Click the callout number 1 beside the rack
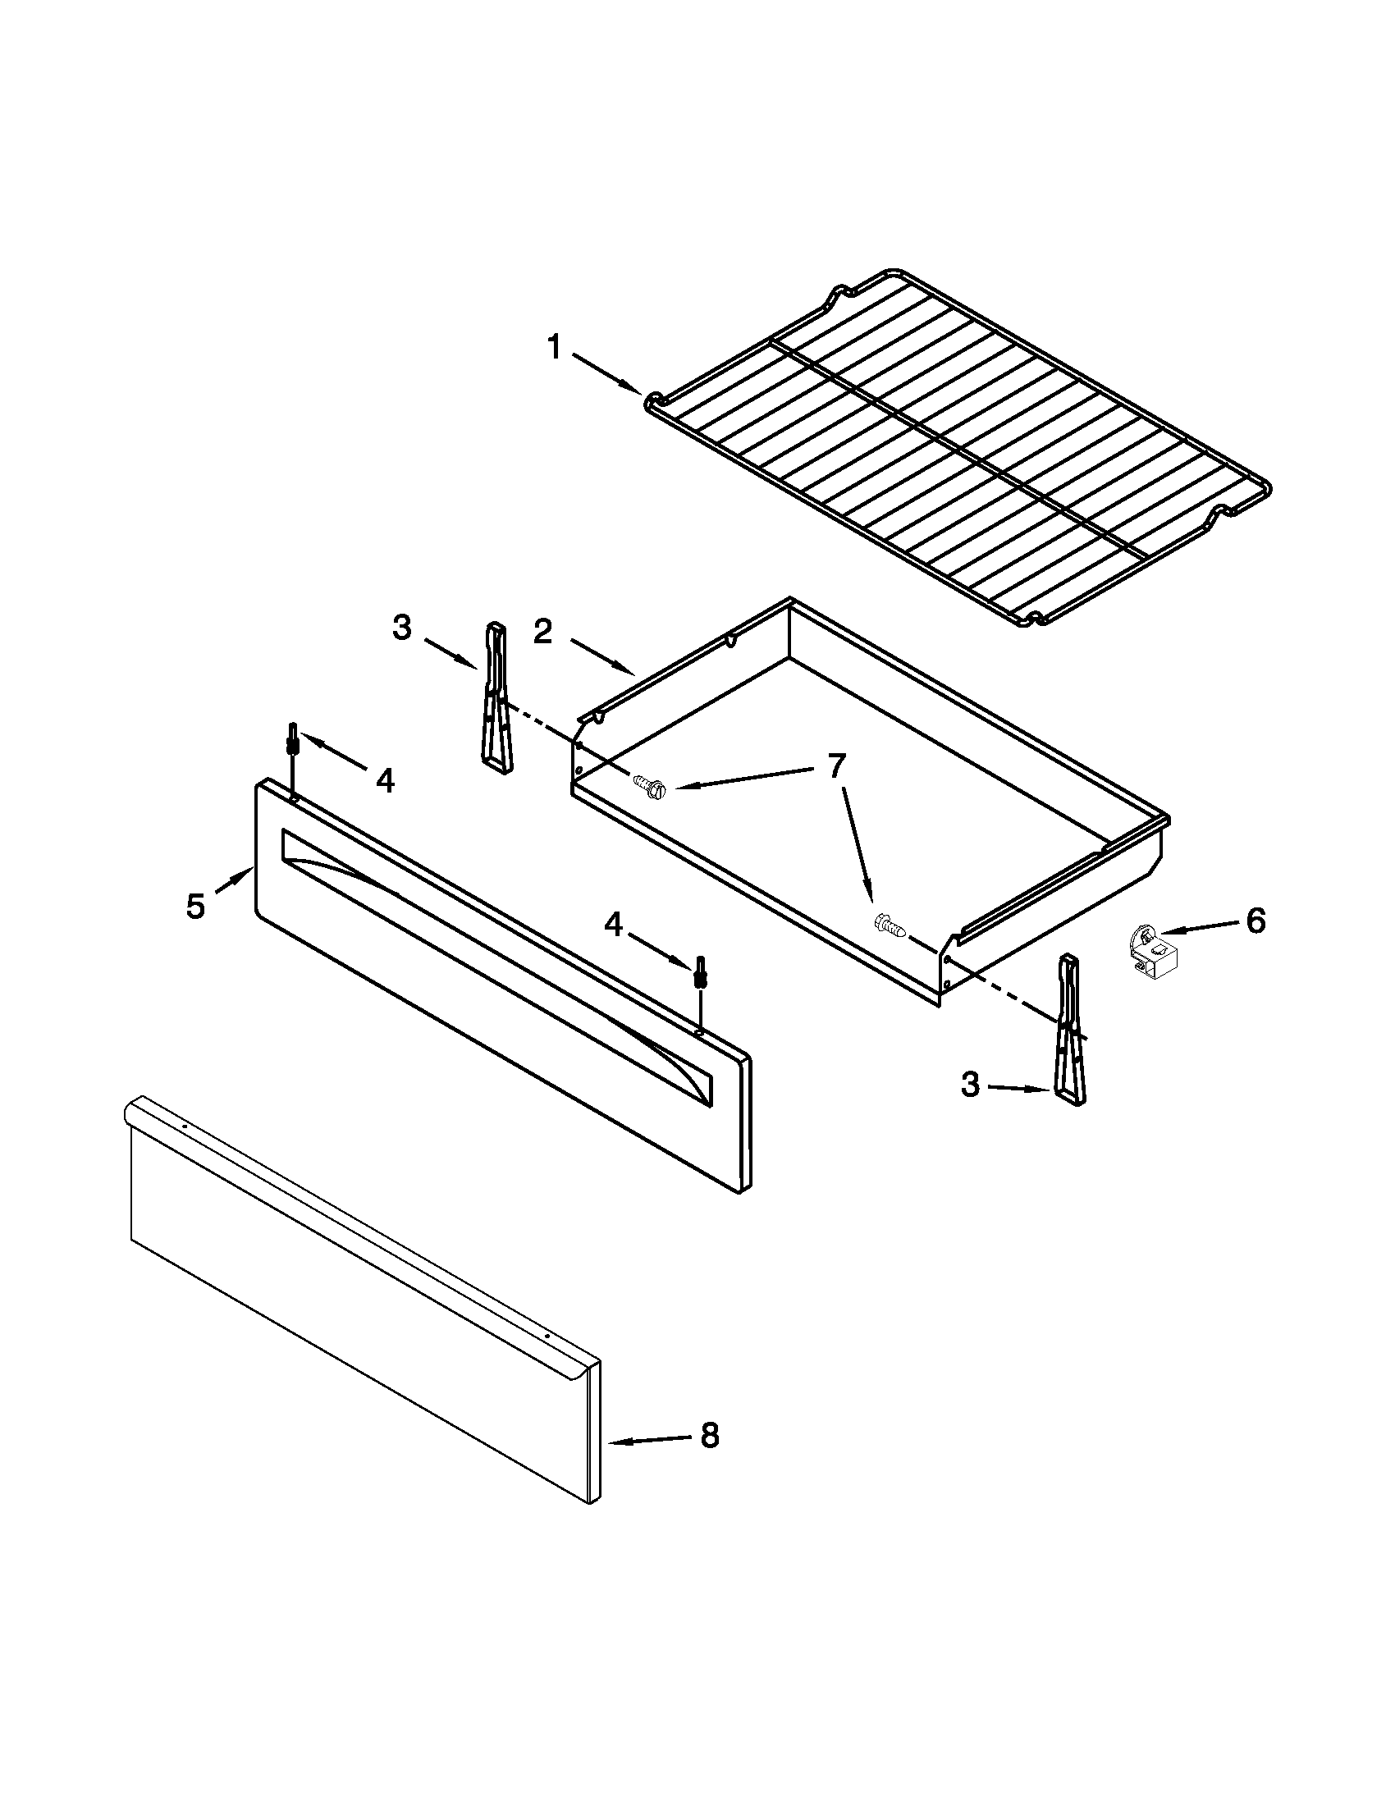pos(554,348)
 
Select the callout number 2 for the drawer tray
pos(542,632)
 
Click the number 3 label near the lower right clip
pos(970,1085)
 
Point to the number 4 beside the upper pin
pos(385,779)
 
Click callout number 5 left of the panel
pos(195,907)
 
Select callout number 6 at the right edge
pos(1255,921)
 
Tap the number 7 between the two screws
pos(836,767)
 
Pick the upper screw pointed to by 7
pos(650,784)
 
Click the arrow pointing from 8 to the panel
pos(650,1440)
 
